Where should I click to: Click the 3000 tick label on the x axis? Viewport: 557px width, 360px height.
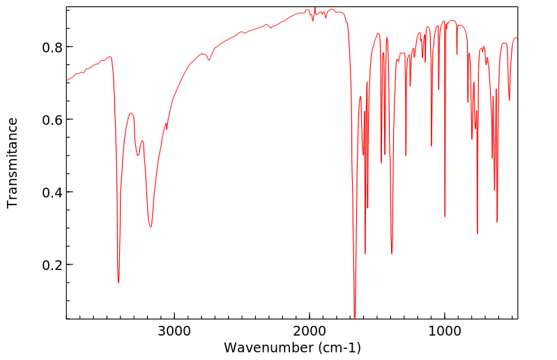coord(174,331)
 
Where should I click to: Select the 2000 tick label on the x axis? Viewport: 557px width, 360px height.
coord(309,331)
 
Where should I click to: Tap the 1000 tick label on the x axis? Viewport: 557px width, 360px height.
coord(444,331)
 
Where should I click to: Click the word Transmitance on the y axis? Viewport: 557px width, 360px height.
coord(13,163)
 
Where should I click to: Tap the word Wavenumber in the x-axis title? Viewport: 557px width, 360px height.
coord(267,347)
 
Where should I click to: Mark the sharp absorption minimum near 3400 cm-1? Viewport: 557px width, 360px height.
coord(119,283)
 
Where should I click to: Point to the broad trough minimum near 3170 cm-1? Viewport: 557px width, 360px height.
coord(151,227)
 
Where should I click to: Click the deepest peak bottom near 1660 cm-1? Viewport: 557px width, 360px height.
coord(355,317)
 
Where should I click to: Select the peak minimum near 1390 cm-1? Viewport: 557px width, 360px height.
coord(392,253)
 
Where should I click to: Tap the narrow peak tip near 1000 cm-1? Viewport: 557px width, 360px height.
coord(445,217)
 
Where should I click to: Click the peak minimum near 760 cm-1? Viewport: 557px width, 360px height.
coord(478,234)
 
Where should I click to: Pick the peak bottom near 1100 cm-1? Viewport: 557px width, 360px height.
coord(432,146)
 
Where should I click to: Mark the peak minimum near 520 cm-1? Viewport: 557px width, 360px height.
coord(510,100)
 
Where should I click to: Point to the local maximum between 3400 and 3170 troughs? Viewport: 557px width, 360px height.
coord(131,113)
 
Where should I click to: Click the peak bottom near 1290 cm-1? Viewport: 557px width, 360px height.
coord(406,156)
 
